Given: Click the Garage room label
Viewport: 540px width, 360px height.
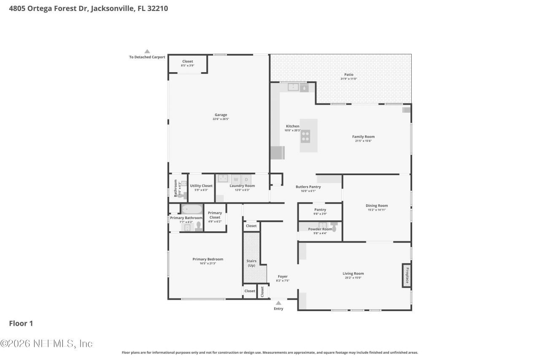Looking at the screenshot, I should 221,115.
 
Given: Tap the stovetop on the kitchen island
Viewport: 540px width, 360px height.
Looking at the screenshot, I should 305,136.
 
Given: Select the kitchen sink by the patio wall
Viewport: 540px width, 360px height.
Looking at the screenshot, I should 293,87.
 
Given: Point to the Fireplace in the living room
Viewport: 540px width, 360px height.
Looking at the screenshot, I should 406,276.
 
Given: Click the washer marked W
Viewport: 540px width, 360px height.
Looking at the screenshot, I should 236,179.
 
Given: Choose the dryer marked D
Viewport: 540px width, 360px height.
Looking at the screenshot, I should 246,179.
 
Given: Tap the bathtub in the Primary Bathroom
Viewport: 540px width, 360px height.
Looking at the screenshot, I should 192,209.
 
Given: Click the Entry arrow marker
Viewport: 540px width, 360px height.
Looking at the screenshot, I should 278,303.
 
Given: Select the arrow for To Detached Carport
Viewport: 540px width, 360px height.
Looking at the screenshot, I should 147,51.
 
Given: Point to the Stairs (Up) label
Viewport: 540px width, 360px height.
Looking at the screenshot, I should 251,263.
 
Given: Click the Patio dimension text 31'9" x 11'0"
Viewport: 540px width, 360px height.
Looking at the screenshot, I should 348,79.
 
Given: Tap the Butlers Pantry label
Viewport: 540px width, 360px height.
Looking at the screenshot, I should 308,187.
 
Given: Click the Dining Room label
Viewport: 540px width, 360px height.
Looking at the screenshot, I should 376,206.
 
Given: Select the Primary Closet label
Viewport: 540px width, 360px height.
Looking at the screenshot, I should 215,215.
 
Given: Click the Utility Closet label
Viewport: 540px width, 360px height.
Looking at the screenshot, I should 201,186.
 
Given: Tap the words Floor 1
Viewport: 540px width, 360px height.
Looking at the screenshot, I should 21,324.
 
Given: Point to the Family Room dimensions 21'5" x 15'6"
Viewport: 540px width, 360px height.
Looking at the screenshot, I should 363,141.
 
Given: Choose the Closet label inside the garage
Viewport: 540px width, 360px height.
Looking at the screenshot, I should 187,61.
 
